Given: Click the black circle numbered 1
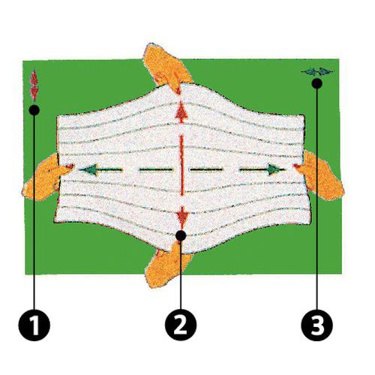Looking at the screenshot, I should (34, 325).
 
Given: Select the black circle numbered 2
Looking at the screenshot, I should (181, 325).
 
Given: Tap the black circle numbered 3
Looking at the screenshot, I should (316, 325).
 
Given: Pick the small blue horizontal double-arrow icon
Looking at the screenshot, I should (316, 71).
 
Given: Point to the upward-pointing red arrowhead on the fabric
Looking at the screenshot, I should (181, 112).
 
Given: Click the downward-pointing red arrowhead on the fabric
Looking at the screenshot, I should (181, 217).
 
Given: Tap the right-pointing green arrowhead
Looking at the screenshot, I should (276, 169).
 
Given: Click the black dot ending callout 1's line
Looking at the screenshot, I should (34, 110).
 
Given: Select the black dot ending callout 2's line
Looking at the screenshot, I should (181, 237).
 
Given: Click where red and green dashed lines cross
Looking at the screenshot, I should (181, 169).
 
